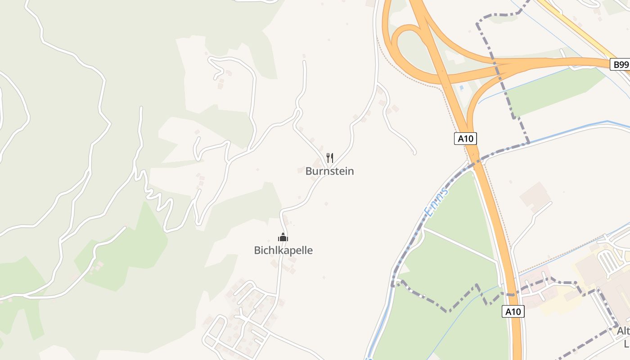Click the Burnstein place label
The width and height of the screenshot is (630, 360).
(329, 171)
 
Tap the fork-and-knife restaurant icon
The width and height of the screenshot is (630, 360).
(330, 158)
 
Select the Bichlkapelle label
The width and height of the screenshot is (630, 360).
(283, 250)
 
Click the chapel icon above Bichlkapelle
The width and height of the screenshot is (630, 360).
(283, 238)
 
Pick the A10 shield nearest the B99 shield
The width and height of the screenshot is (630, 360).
(465, 139)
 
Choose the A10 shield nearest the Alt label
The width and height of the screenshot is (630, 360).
(513, 311)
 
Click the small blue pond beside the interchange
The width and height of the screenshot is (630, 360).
(460, 88)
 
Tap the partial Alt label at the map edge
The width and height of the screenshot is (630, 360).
(623, 331)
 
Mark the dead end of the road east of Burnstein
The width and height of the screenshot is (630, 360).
(414, 153)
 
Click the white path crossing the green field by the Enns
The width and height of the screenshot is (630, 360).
(459, 246)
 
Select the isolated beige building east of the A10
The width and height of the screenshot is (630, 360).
(535, 196)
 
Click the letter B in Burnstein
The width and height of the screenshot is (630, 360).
(309, 171)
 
